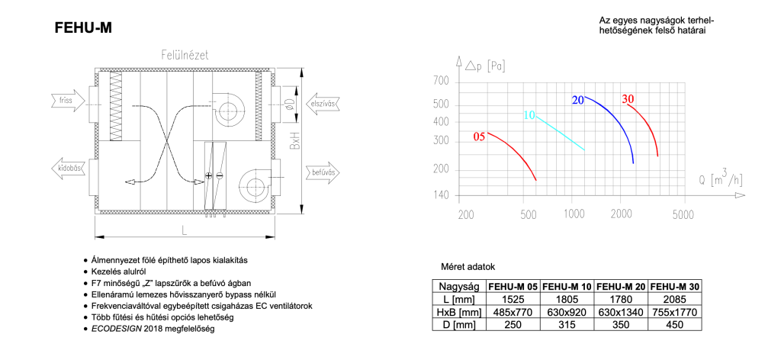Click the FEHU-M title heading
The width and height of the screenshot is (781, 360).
coord(83,28)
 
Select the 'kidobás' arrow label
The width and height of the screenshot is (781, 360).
coord(70,169)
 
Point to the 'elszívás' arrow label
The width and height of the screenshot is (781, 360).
coord(323,104)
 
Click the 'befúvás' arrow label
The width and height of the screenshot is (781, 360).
coord(323,173)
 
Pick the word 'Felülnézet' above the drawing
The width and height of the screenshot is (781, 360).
coord(185,55)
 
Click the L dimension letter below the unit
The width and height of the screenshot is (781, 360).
coord(185,230)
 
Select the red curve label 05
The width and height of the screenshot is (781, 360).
coord(479,137)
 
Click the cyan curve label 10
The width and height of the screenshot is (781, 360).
coord(529,115)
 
